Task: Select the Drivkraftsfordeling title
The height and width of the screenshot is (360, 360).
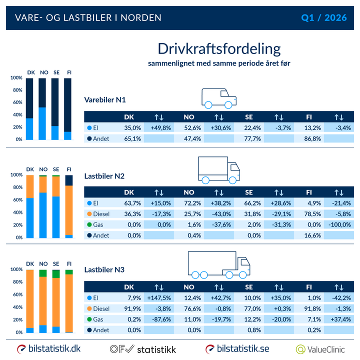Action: click(x=219, y=49)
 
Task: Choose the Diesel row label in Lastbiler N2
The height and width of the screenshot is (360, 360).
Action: click(x=102, y=214)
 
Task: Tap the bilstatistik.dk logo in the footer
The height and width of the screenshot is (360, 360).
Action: click(x=49, y=348)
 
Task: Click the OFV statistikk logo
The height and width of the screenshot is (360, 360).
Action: click(x=142, y=348)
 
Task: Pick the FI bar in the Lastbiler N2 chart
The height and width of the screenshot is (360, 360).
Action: click(x=69, y=206)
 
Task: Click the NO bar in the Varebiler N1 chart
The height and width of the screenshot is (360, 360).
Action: click(x=42, y=109)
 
